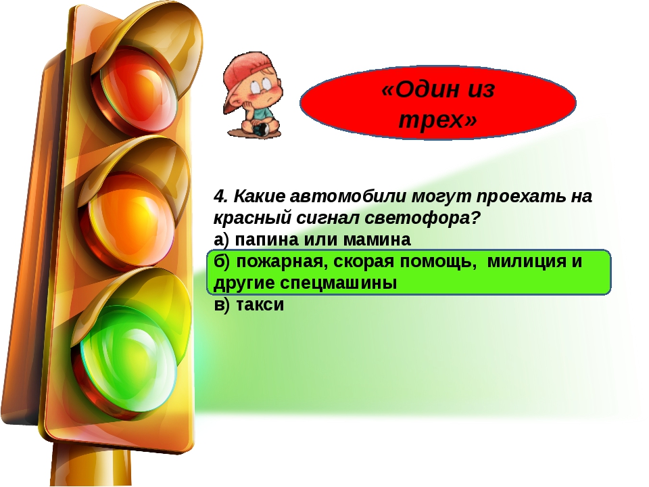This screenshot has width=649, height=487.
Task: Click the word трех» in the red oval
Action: pos(438,120)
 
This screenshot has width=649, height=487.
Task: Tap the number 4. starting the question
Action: pos(221,196)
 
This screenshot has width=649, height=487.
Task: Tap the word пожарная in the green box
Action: pos(280,262)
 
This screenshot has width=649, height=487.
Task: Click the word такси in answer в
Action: pos(260,305)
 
